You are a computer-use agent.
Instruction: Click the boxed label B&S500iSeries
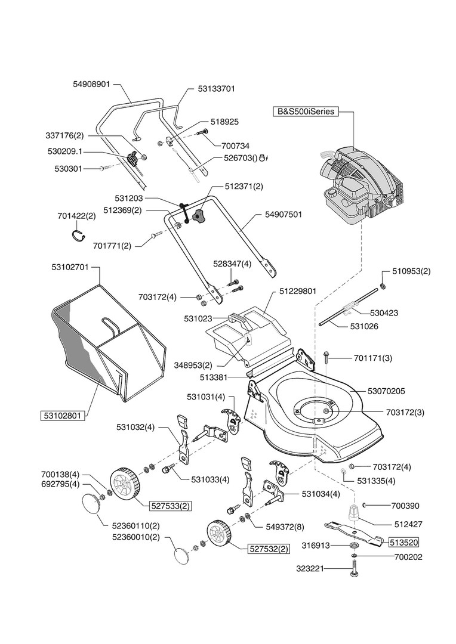pyautogui.click(x=306, y=112)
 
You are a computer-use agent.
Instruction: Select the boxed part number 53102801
pyautogui.click(x=63, y=414)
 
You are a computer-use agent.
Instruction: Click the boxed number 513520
pyautogui.click(x=404, y=543)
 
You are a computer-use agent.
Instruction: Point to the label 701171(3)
pyautogui.click(x=372, y=358)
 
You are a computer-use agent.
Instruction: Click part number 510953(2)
pyautogui.click(x=411, y=271)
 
